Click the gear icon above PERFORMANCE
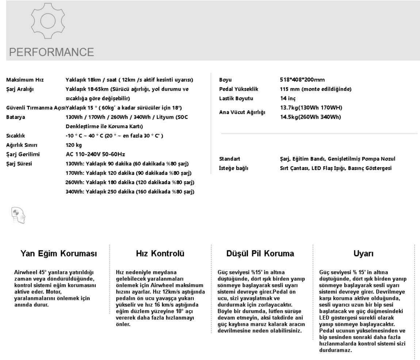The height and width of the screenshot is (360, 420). coord(47,21)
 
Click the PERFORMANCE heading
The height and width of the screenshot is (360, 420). coord(51,52)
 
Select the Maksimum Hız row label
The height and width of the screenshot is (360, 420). coord(25,80)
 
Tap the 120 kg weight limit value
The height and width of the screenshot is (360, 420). coord(74,145)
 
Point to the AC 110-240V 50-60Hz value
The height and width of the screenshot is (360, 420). coord(95,154)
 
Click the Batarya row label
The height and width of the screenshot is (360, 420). coord(16,117)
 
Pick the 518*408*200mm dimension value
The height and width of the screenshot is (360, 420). coord(302,80)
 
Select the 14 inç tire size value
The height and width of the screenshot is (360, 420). coord(288,98)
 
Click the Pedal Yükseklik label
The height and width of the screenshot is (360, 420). coord(238,89)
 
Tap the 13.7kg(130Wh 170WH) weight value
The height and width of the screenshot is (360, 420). coord(311,107)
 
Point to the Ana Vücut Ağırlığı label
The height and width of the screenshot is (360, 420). coord(242,112)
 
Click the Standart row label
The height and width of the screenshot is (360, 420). coord(230,159)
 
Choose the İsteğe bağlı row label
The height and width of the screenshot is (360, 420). coord(233,168)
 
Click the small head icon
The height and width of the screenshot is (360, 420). coord(18,215)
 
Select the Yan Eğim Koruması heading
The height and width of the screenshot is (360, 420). coord(59,253)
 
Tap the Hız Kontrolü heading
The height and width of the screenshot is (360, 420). coord(160,253)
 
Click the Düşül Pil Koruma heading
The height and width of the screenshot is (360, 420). coord(260,253)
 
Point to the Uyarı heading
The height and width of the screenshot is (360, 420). coord(363,253)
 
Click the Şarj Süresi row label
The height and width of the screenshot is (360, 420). coord(19,163)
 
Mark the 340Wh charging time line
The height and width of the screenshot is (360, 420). coord(130,192)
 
